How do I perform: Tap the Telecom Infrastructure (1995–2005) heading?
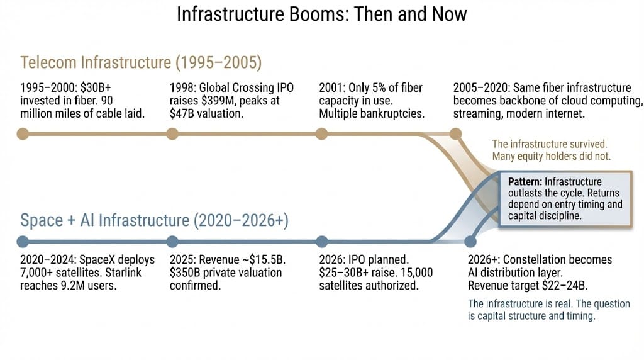click(x=141, y=62)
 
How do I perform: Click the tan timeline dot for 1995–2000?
click(x=23, y=133)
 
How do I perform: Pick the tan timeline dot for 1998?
click(x=172, y=133)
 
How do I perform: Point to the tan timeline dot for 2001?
click(x=322, y=133)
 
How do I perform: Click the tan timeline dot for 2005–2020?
click(x=455, y=133)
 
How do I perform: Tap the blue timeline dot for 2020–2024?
click(x=23, y=241)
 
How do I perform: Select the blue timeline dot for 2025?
click(x=172, y=241)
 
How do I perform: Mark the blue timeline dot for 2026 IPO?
click(x=322, y=241)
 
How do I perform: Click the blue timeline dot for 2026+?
click(x=470, y=241)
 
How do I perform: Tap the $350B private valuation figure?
click(x=185, y=273)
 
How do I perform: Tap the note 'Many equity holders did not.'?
click(x=551, y=156)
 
